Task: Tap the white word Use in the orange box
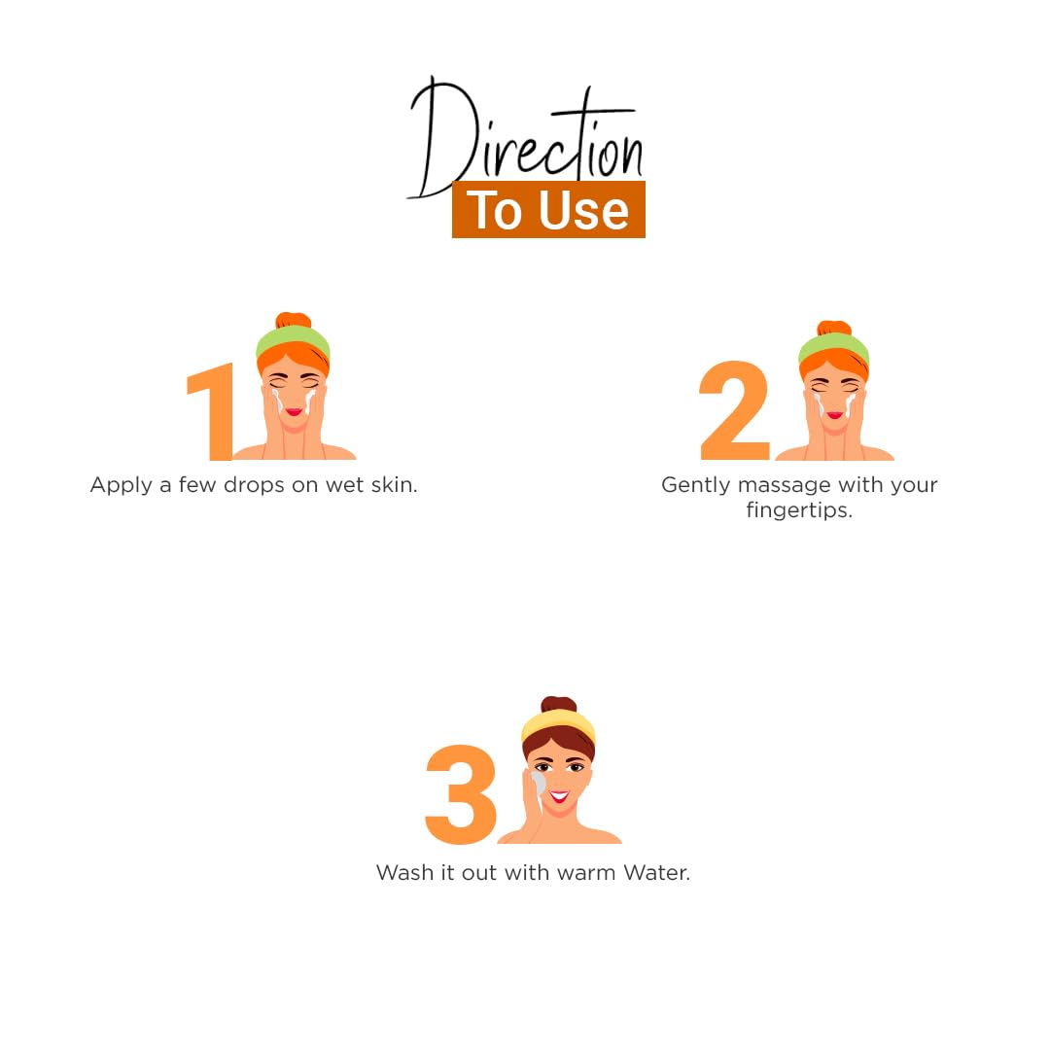(583, 211)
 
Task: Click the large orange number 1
(211, 412)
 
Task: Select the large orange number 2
(734, 410)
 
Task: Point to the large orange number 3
(461, 794)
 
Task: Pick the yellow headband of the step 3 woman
(558, 724)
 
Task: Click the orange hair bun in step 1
(294, 320)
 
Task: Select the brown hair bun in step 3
(558, 705)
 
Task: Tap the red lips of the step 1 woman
(294, 411)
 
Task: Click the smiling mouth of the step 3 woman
(559, 796)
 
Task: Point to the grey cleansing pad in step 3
(538, 783)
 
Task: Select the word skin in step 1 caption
(394, 484)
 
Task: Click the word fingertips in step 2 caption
(799, 511)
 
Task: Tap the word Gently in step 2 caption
(696, 485)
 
